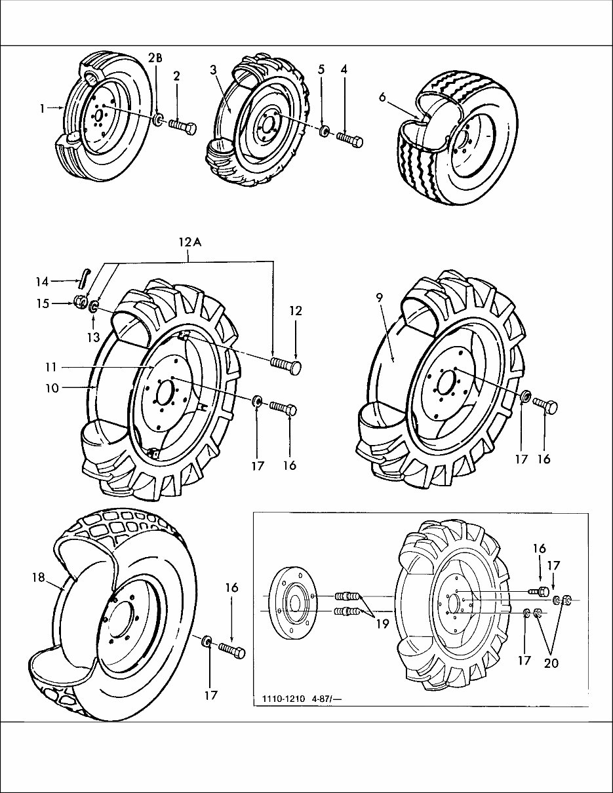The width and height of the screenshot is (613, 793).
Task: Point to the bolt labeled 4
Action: tap(351, 140)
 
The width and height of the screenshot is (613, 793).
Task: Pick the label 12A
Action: tap(188, 242)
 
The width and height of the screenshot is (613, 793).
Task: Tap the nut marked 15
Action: tap(78, 302)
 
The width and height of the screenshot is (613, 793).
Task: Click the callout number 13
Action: tap(94, 337)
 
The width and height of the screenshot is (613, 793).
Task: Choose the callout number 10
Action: tap(52, 388)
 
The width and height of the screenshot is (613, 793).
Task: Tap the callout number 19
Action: tap(382, 623)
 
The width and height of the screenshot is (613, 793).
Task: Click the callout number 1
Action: tap(42, 109)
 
